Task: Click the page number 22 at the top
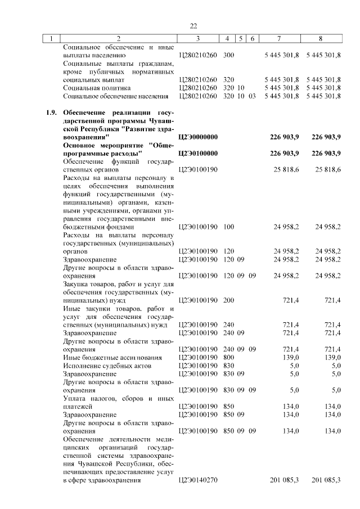[193, 26]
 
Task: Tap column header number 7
[280, 39]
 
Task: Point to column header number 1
[51, 39]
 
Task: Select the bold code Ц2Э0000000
[197, 137]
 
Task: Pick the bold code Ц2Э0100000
[197, 153]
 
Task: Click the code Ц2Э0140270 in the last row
[197, 480]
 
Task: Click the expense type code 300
[228, 55]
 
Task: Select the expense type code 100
[228, 227]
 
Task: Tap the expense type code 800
[228, 357]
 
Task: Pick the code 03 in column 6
[252, 96]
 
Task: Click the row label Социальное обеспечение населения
[116, 96]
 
